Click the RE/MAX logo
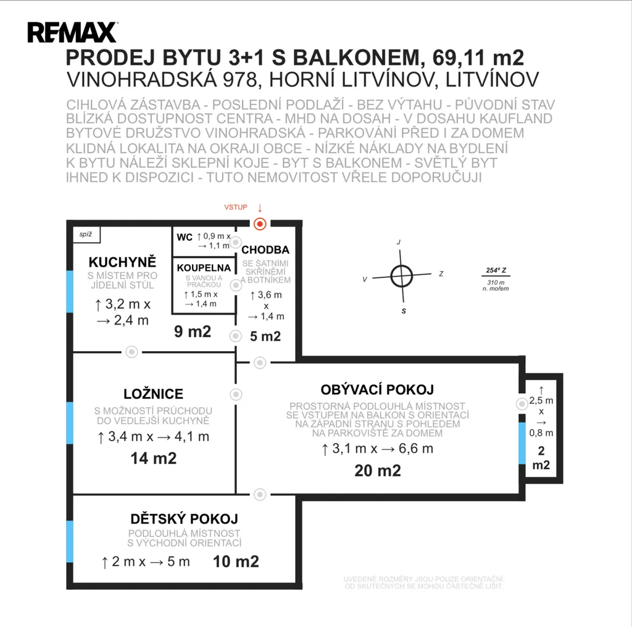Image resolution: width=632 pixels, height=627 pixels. point(73,32)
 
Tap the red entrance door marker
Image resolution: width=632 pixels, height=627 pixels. point(260,223)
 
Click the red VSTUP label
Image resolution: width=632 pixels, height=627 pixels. point(236,207)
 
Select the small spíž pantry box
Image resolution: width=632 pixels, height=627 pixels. point(86,235)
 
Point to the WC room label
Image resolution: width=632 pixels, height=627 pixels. point(185,238)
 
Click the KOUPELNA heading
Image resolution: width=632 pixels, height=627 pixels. point(204,268)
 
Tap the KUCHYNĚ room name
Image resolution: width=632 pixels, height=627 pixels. point(123,262)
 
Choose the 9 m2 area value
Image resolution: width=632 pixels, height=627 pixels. point(193,331)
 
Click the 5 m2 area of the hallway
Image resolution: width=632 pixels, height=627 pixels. point(265,336)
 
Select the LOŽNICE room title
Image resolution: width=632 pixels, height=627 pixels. point(154,394)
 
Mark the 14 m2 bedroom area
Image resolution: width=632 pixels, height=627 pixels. point(154,459)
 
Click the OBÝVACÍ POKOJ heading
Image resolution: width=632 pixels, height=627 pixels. point(377,389)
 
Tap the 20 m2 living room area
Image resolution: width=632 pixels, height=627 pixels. point(378,471)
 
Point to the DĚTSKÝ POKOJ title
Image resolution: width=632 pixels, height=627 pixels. point(184,518)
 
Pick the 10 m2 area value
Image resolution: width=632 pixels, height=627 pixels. point(236,562)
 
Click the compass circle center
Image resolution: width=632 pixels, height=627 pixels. point(401,276)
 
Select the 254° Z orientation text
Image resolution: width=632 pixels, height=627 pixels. point(496,270)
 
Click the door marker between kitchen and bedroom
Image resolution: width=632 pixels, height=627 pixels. point(131,352)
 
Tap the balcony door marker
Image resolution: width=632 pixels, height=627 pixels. point(522,404)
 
